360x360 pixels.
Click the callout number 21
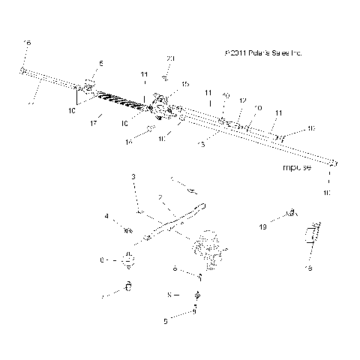tap(170, 59)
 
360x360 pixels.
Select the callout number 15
tap(185, 84)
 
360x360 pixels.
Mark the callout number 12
tap(242, 100)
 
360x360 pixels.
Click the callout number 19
tap(263, 226)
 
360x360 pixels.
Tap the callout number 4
tap(107, 217)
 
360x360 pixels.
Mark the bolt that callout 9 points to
tap(194, 310)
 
